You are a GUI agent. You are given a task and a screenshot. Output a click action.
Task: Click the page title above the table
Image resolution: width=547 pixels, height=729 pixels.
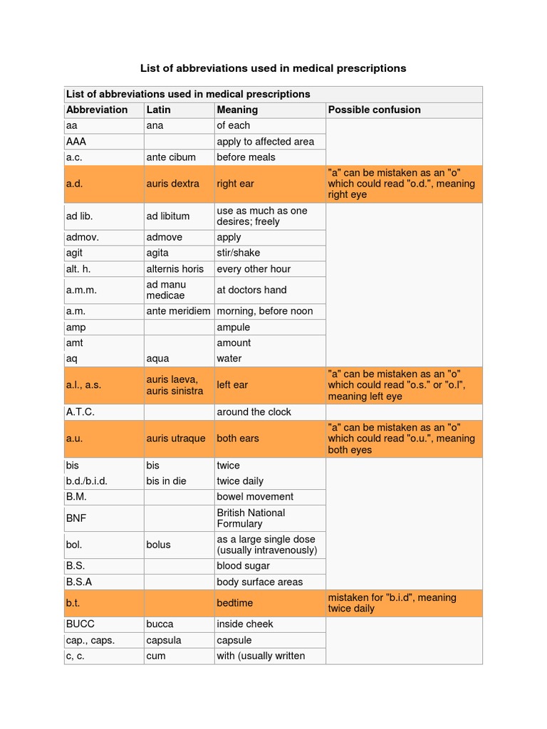273,68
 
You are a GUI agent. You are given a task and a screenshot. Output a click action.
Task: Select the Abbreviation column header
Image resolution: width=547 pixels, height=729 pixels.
97,110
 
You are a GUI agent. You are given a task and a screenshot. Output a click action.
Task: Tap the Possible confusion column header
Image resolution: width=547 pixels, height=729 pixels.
374,110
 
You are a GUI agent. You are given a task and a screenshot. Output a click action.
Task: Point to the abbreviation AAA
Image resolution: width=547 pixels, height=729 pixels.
76,142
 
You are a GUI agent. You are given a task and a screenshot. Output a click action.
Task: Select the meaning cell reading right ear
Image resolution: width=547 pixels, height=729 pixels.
236,184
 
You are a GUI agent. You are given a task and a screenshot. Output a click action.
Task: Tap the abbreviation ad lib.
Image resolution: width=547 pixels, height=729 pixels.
80,216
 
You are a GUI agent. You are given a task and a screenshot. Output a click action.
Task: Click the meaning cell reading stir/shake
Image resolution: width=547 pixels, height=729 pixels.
239,253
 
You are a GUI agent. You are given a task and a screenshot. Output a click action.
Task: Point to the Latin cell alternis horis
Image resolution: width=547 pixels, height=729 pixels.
175,269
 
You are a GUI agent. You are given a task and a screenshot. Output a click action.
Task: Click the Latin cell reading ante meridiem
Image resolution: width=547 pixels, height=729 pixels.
179,311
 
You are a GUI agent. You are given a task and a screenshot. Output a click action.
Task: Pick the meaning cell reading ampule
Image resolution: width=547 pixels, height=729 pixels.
234,327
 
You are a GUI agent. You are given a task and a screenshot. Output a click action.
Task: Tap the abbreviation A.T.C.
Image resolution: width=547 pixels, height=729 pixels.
80,412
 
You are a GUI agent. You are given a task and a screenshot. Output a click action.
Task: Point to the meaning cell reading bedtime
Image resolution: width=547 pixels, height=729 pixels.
235,603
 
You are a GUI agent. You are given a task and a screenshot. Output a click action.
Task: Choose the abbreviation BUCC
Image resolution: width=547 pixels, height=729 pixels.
80,624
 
